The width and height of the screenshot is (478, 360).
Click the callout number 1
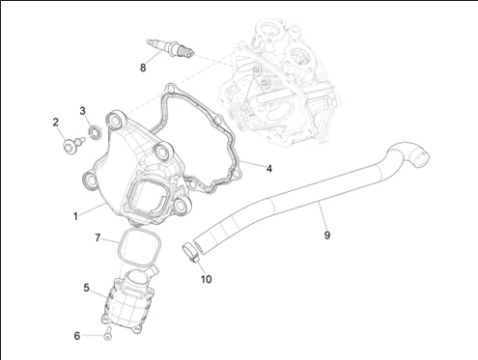coord(75,216)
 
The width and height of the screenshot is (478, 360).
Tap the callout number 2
coord(56,123)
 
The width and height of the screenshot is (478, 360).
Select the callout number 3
coord(83,111)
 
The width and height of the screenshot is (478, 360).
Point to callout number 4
coord(269,168)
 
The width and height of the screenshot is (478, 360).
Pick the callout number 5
coord(86,288)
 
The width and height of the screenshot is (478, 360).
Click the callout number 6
coord(77,336)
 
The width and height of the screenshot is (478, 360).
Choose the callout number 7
coord(98,238)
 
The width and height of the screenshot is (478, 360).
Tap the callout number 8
coord(143,68)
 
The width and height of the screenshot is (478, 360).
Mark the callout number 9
coord(327,235)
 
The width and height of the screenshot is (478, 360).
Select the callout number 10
coord(207,279)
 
